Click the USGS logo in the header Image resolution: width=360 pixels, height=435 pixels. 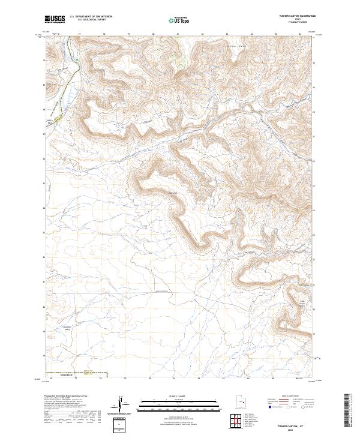55,19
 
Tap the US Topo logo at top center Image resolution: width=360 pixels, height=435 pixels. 179,19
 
